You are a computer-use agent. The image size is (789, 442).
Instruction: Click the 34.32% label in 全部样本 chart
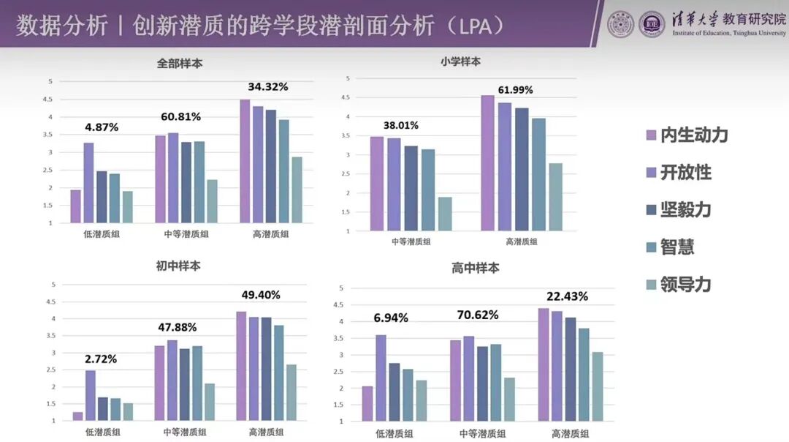tap(267, 86)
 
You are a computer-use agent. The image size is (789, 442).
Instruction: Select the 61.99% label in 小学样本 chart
tap(515, 90)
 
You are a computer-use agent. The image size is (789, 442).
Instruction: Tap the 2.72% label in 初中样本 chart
tap(101, 359)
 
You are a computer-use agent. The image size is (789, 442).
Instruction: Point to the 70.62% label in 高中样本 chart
tap(479, 315)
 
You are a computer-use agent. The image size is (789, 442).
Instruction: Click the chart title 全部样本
tap(180, 64)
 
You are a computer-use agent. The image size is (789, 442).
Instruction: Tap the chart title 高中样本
tap(476, 269)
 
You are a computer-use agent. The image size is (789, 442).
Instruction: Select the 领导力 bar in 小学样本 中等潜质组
tap(444, 214)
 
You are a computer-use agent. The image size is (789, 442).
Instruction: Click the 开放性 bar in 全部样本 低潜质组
tap(88, 182)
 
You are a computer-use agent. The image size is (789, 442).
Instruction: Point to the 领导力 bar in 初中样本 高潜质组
tap(291, 392)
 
